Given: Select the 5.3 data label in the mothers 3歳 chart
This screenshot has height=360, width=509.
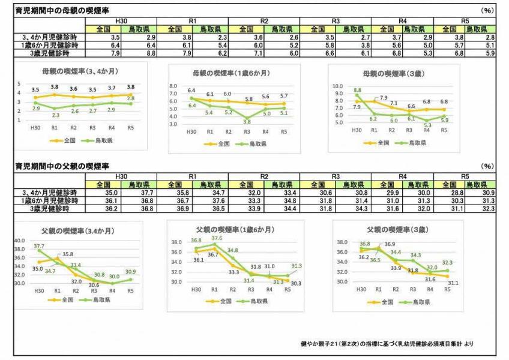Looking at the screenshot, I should coord(427,125).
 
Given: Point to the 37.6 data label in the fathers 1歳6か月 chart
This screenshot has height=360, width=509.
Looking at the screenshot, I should coord(217,238).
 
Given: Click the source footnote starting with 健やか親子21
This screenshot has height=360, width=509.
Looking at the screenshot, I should coord(392,344).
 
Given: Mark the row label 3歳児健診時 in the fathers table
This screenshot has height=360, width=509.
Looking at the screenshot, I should coord(51,208).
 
